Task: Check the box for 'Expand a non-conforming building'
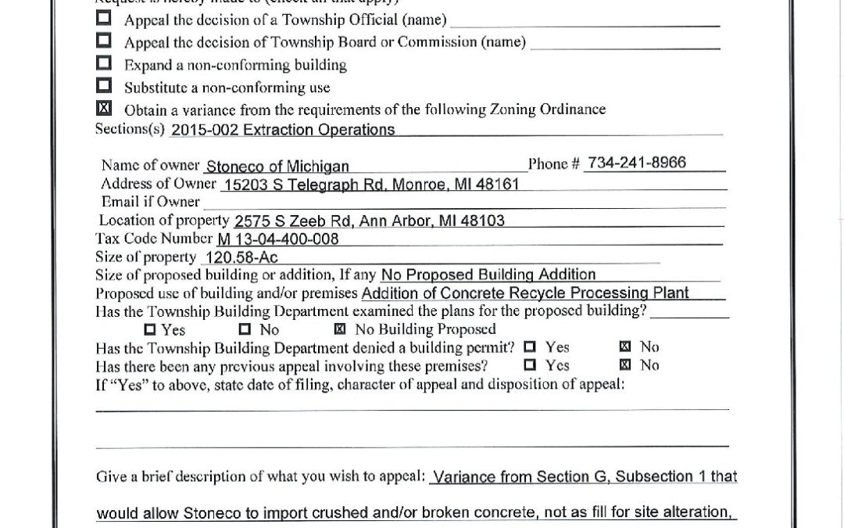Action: tap(104, 63)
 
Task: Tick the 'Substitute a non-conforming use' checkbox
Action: tap(104, 85)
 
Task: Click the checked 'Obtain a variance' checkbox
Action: tap(104, 108)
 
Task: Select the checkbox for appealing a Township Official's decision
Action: tap(104, 17)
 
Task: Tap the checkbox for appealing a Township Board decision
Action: tap(104, 40)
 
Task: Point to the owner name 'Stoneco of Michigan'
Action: tap(277, 166)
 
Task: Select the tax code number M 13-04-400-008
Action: tap(277, 239)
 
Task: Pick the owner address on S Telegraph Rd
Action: tap(370, 185)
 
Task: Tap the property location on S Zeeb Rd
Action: tap(369, 221)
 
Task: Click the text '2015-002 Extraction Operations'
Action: tap(282, 130)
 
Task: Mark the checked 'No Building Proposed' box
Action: tap(340, 329)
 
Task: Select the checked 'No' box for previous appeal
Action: tap(624, 365)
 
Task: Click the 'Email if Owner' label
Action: tap(150, 202)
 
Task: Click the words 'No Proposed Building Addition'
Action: tap(488, 275)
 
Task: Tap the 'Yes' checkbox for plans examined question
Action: tap(150, 329)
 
